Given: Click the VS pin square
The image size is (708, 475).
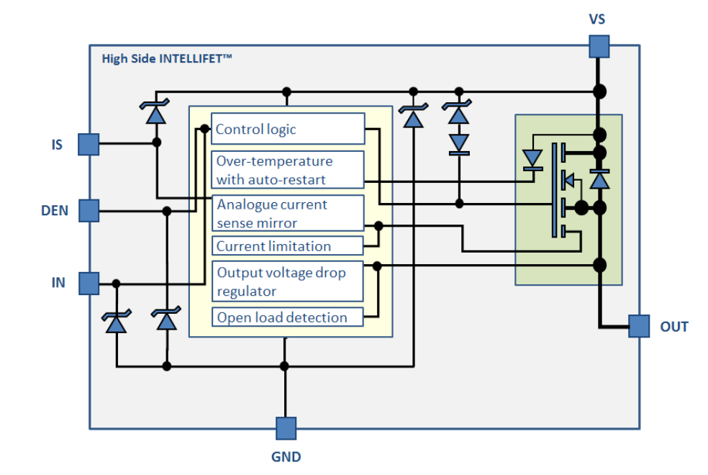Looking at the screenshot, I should pos(598,47).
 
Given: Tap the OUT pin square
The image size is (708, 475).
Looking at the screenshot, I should pos(638,326).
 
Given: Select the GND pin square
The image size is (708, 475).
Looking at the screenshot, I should pos(286,428).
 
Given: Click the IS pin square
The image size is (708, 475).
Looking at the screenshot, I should pos(88,144).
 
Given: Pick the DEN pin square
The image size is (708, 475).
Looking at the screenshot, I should pos(88,211).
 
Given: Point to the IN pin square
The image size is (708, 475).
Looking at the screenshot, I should pos(88,283).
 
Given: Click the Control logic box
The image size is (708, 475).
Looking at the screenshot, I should pos(287,130).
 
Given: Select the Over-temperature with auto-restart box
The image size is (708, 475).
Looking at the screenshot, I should pos(287,170).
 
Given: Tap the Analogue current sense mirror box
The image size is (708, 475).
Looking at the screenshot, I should pos(287,214).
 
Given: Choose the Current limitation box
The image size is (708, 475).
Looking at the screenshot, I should pos(287,246).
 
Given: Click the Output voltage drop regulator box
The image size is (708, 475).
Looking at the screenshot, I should pos(287,282).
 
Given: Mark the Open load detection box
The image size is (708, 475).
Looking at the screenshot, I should pos(287,317).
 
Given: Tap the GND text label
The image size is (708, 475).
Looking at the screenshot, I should pos(286,457).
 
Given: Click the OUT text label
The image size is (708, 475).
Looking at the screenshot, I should pos(674,327).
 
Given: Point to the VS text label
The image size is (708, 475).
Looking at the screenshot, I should pos(597,19).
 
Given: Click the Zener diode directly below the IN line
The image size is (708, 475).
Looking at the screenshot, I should pos(116,322).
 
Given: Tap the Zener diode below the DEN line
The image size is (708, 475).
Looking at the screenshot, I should pos(167,320).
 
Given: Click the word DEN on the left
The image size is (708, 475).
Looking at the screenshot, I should pos(55,212).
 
